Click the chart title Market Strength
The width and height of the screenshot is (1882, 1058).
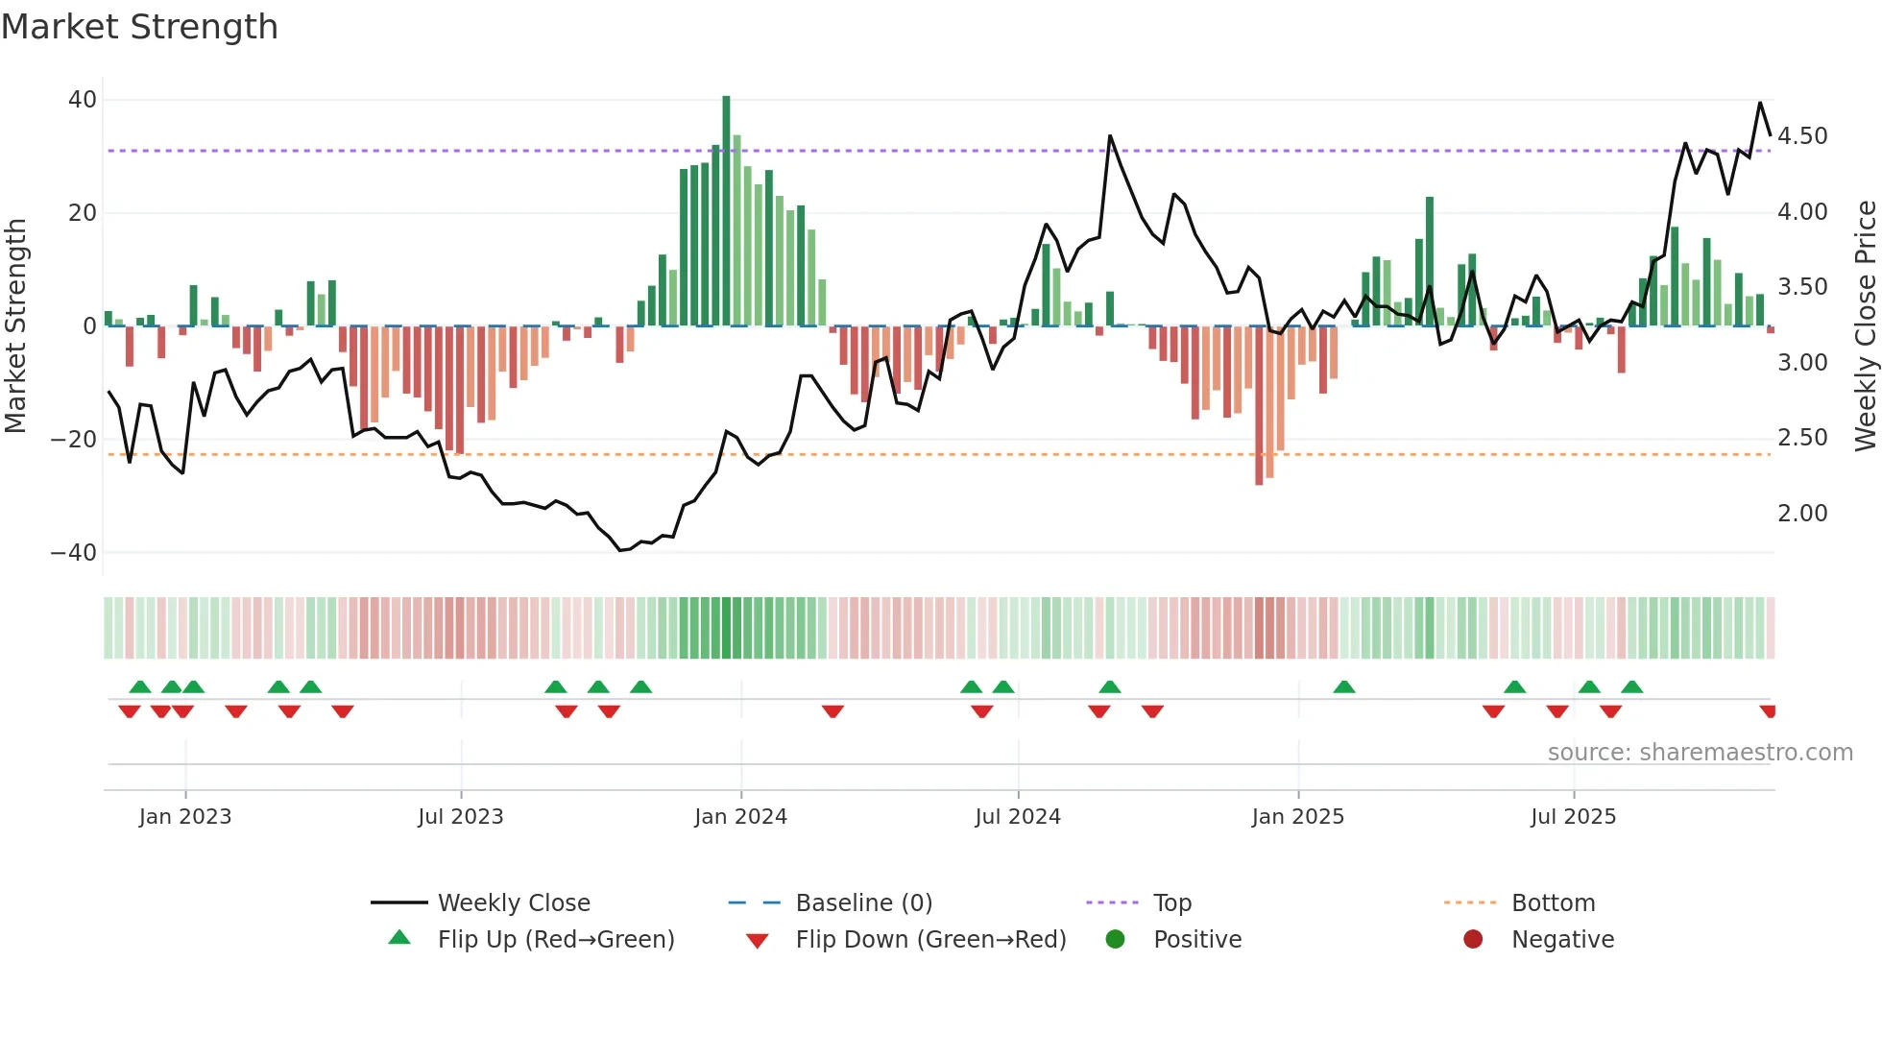coord(139,27)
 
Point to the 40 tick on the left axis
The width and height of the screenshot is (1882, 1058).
coord(83,100)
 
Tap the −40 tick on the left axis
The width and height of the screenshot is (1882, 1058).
coord(74,553)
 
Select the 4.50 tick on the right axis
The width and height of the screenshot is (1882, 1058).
coord(1802,136)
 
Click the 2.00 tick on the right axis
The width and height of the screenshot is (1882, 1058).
coord(1802,514)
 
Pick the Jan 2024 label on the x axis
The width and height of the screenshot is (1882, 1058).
coord(740,817)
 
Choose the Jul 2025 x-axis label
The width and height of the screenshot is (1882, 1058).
coord(1573,817)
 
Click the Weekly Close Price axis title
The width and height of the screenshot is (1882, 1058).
coord(1865,326)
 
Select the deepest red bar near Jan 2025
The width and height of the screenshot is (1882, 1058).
coord(1259,405)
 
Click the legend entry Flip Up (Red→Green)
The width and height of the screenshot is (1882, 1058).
coord(556,940)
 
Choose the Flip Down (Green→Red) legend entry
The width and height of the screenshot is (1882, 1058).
coord(930,940)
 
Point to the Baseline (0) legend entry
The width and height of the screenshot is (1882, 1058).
coord(863,903)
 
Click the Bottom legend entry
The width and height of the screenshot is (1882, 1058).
coord(1553,903)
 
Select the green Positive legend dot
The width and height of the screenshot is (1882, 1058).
coord(1115,940)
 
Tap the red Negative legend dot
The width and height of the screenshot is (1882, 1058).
coord(1473,940)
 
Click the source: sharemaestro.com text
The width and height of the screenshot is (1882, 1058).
coord(1700,753)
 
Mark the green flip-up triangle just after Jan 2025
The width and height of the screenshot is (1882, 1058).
coord(1344,687)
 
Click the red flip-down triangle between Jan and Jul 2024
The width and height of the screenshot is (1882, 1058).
coord(832,711)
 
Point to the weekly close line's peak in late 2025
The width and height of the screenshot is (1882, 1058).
coord(1760,103)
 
